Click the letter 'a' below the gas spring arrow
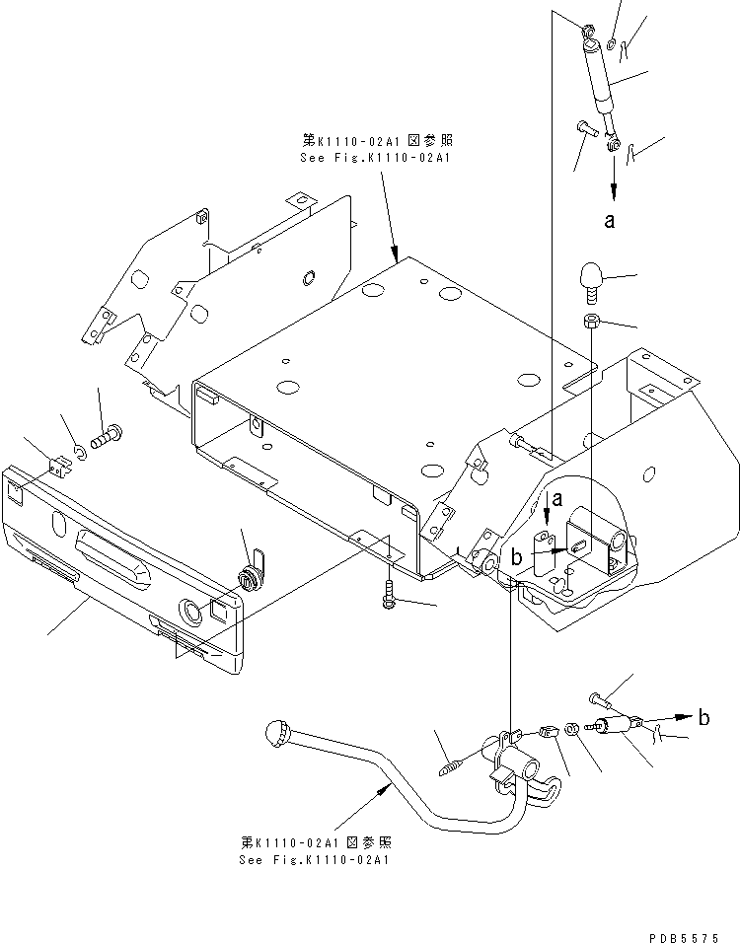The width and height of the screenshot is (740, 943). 610,222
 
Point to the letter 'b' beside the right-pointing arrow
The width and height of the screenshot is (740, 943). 703,718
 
